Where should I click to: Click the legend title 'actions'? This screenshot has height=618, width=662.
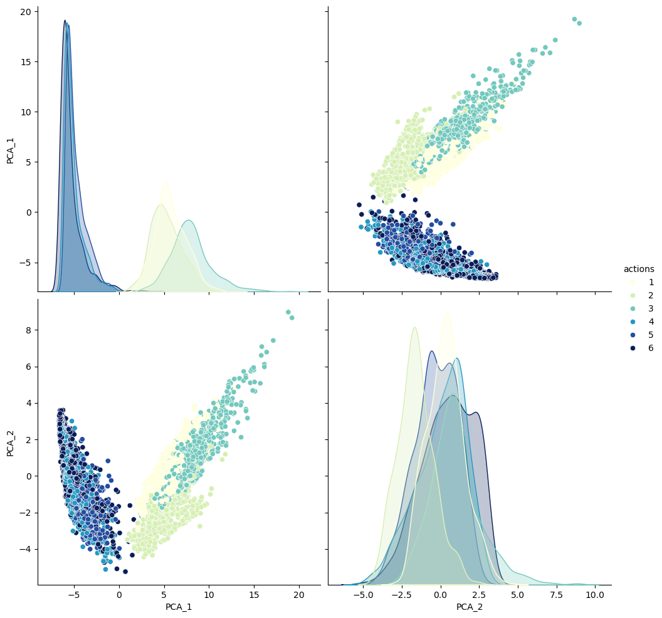click(639, 269)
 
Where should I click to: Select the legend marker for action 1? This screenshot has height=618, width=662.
click(628, 282)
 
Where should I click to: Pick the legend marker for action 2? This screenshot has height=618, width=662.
click(628, 295)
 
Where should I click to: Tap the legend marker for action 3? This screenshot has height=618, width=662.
click(628, 308)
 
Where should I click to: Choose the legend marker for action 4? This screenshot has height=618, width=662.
click(628, 322)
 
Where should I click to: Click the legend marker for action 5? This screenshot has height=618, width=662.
click(628, 335)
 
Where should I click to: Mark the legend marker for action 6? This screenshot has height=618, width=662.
click(628, 348)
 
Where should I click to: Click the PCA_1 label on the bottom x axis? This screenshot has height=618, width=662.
click(179, 607)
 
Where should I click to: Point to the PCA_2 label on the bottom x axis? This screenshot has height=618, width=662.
click(470, 607)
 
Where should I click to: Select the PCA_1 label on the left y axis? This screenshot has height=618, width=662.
click(11, 150)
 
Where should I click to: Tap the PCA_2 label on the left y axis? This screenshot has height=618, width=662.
click(11, 442)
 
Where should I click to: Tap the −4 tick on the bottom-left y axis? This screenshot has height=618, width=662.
click(24, 549)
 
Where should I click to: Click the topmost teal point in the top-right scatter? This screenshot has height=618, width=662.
click(574, 19)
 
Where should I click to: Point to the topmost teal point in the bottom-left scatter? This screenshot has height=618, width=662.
click(288, 312)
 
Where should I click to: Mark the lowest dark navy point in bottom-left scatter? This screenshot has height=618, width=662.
click(125, 571)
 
